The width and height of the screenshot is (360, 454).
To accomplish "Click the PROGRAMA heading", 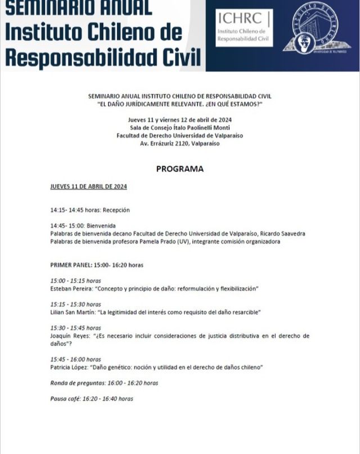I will pos(179,169).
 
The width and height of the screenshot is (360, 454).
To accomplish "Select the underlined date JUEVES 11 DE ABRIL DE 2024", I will pos(88,187).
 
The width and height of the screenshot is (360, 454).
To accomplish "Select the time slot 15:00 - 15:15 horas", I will pos(75,281).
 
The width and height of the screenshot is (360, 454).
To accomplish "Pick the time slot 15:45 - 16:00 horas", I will pos(75,359).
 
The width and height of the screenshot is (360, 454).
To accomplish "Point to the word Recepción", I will pos(116,210).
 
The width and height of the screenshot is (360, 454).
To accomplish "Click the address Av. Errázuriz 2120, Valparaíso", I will pos(179,143).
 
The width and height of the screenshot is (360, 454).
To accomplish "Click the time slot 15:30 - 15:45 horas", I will pos(75,328).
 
